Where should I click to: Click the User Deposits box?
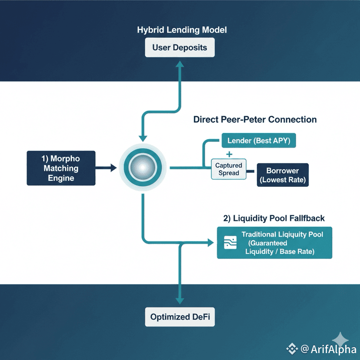(x=180, y=47)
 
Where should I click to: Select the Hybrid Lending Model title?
(x=182, y=30)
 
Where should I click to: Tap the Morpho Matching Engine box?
(x=61, y=168)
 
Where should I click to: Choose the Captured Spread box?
(x=229, y=170)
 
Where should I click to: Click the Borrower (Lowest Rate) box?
(x=283, y=175)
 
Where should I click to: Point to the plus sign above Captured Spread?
(x=229, y=154)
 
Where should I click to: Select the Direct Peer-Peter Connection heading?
(x=255, y=119)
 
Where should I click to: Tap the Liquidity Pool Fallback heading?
(x=274, y=218)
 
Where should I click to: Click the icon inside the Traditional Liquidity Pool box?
(x=230, y=243)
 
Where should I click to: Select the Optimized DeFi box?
(x=180, y=317)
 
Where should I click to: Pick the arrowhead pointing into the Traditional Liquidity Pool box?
(x=212, y=243)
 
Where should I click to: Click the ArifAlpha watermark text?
(x=327, y=349)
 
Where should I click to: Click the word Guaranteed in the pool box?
(x=268, y=243)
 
